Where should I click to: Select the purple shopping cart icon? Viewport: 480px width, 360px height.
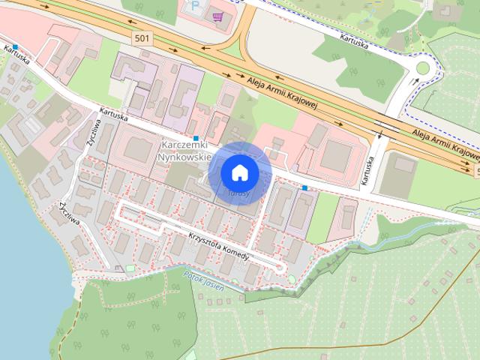217,16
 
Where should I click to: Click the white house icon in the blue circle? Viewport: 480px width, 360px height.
239,172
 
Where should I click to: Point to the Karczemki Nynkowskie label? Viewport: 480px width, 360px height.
184,153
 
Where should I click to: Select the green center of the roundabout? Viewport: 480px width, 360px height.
422,68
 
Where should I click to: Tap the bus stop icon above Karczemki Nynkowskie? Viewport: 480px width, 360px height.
196,138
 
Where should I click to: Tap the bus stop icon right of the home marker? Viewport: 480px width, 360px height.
304,187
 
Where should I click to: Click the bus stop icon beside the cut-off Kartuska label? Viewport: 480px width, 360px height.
14,46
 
